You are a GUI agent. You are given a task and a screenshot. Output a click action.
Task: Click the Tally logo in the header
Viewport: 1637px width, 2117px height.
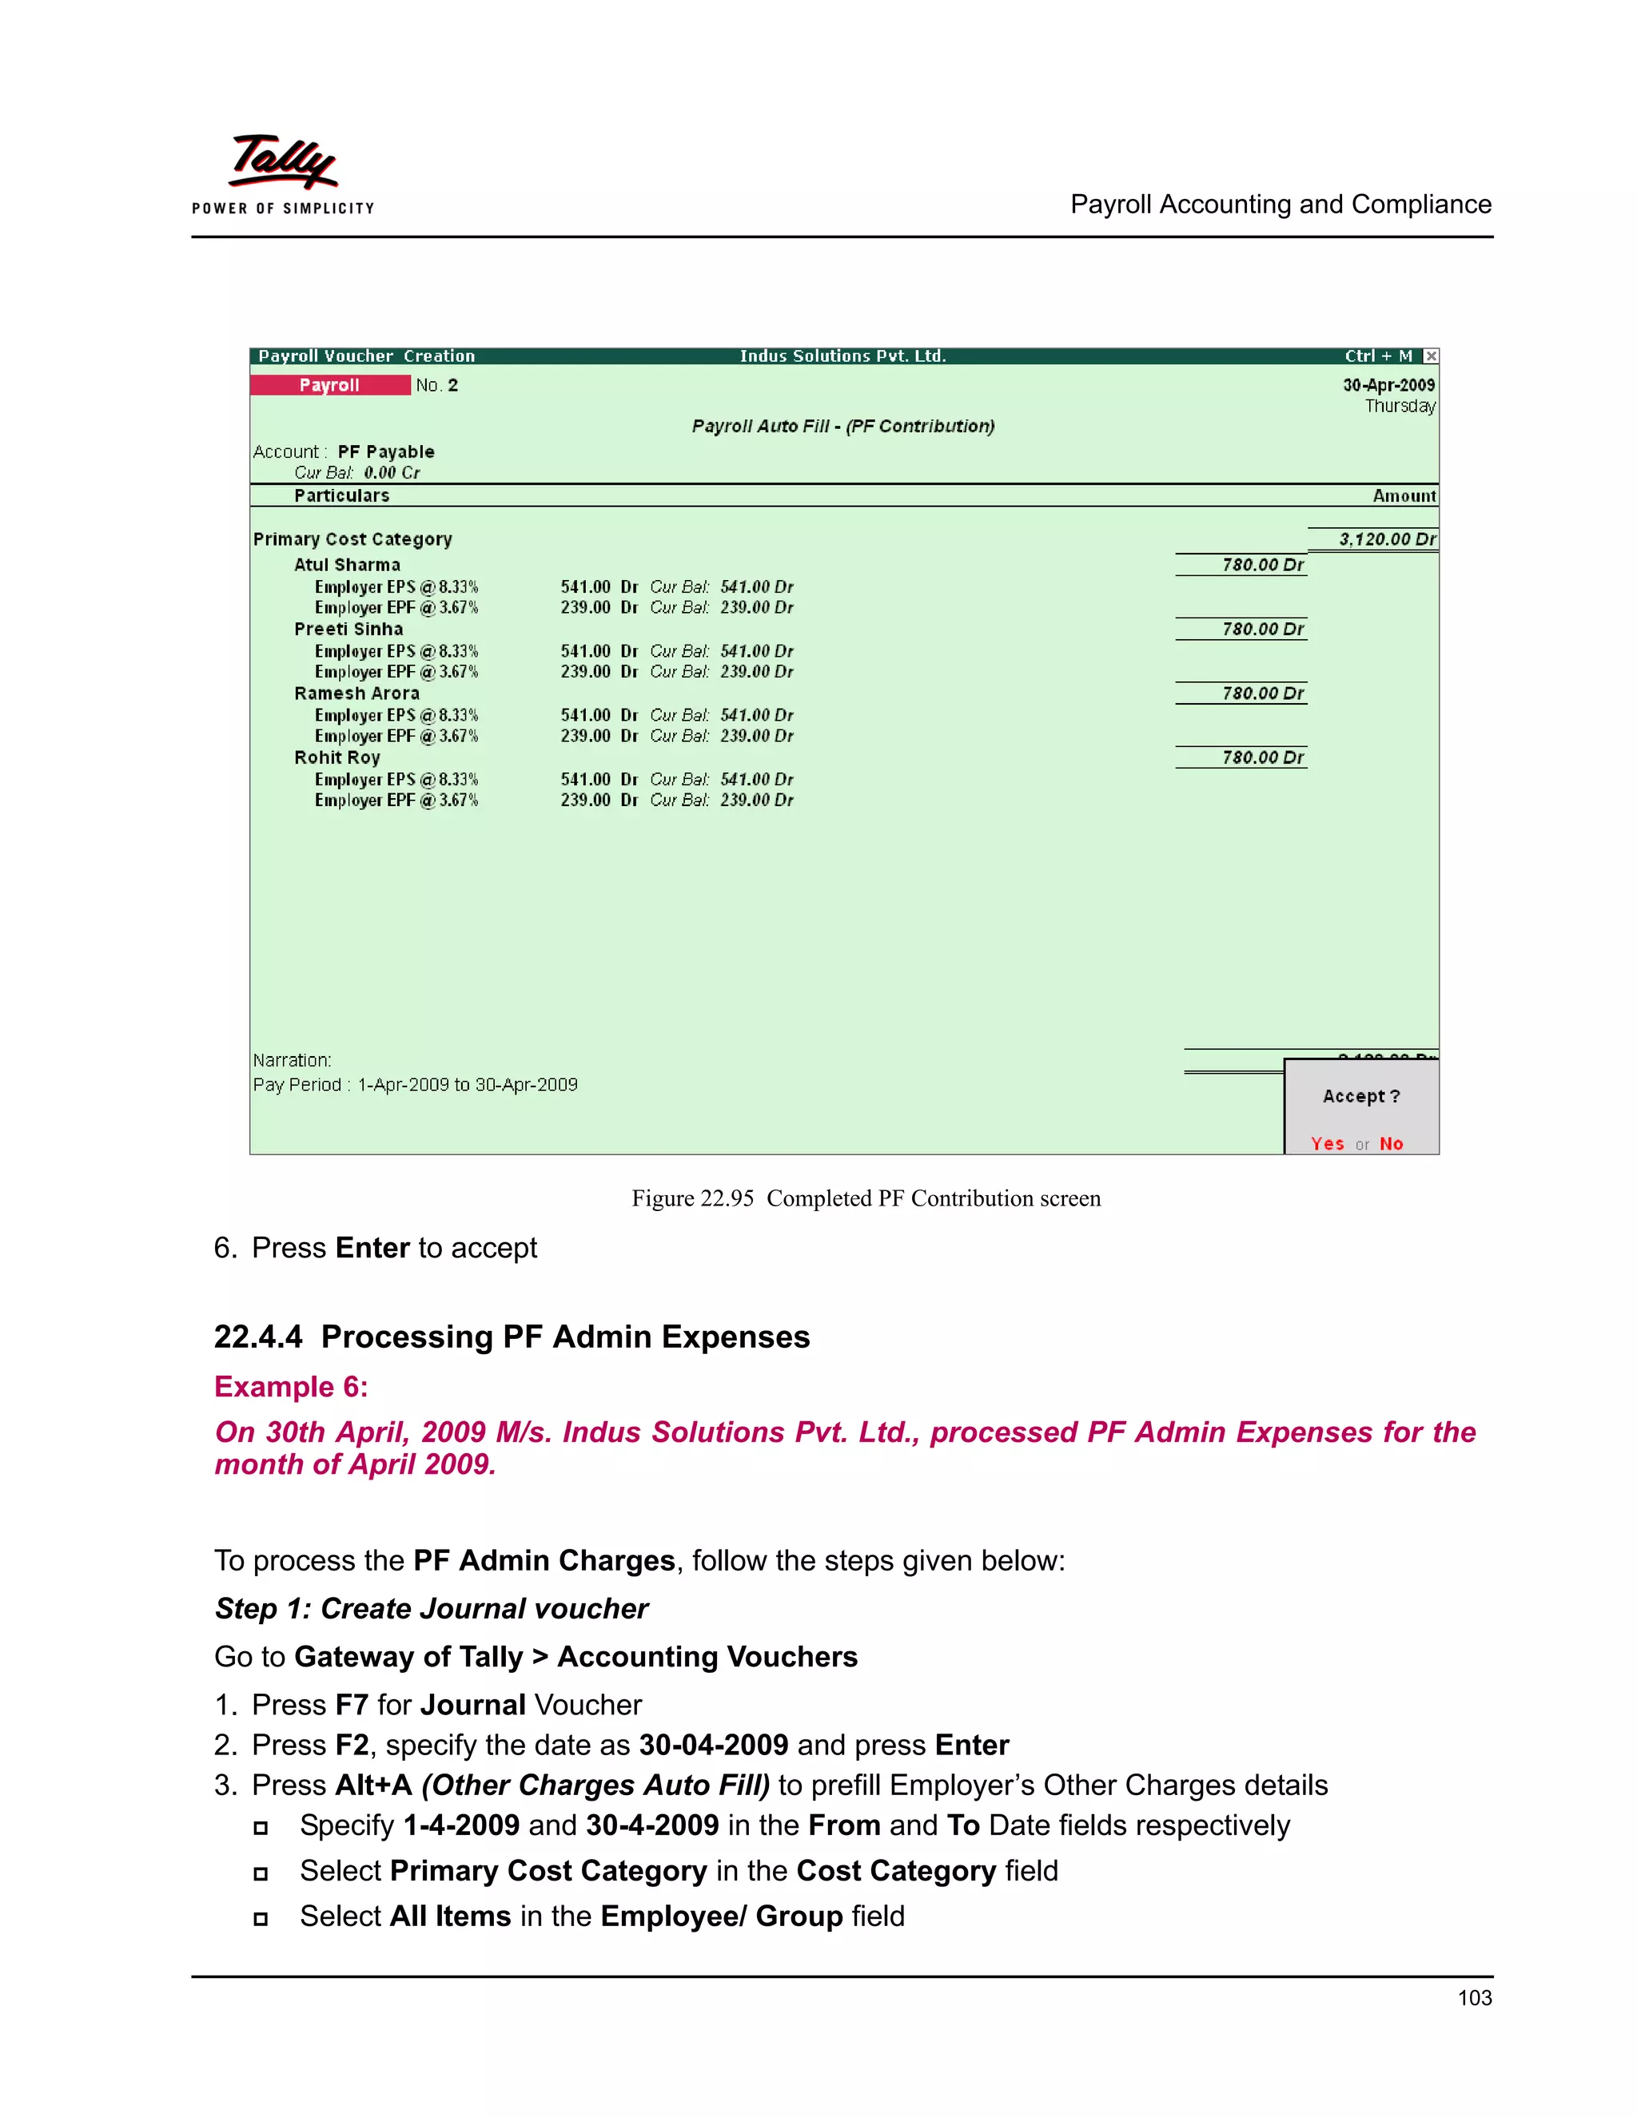pyautogui.click(x=282, y=163)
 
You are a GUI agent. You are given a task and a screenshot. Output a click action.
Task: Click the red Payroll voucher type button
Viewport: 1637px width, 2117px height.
pyautogui.click(x=330, y=385)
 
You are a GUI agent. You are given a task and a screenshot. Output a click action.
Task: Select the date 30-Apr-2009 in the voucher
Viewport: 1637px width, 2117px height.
pyautogui.click(x=1388, y=385)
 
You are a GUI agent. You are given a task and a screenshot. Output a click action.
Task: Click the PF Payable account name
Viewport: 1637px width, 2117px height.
pyautogui.click(x=386, y=451)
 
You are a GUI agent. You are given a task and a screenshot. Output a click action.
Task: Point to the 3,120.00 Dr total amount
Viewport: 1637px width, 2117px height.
pyautogui.click(x=1387, y=539)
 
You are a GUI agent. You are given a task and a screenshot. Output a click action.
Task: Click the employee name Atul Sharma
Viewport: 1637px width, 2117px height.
pyautogui.click(x=347, y=565)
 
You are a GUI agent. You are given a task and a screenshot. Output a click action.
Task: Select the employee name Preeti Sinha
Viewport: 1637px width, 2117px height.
pyautogui.click(x=349, y=629)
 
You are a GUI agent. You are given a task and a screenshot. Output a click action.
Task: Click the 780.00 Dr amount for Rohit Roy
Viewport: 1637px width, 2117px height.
pyautogui.click(x=1261, y=757)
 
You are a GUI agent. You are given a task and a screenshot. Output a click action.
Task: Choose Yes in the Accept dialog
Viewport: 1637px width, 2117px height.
pyautogui.click(x=1327, y=1144)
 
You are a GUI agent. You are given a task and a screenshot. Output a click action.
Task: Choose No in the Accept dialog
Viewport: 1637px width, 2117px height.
pyautogui.click(x=1392, y=1144)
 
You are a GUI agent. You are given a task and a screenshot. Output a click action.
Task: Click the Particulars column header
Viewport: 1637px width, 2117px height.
pyautogui.click(x=341, y=495)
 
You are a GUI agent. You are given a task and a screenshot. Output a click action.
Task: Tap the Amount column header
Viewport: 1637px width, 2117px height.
pyautogui.click(x=1404, y=495)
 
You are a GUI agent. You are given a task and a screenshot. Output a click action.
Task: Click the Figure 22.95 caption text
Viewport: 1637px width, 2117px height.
pyautogui.click(x=866, y=1198)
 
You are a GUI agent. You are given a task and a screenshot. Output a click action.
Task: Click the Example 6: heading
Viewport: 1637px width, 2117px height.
pyautogui.click(x=291, y=1387)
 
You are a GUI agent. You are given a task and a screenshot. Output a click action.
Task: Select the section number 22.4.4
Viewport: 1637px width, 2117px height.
pyautogui.click(x=258, y=1337)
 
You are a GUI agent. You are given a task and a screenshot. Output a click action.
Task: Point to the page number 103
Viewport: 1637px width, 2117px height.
pyautogui.click(x=1474, y=1998)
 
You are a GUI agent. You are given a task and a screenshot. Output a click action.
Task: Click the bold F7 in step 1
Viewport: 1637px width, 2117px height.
pyautogui.click(x=351, y=1705)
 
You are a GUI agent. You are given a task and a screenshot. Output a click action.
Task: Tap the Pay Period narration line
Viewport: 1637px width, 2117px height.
pyautogui.click(x=415, y=1085)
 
